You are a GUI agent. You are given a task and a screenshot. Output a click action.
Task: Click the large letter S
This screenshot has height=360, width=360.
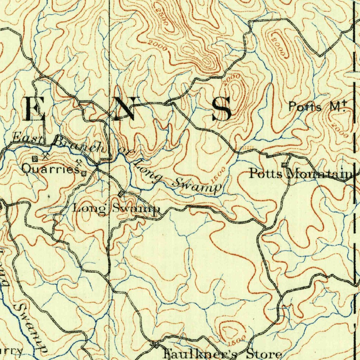(222, 109)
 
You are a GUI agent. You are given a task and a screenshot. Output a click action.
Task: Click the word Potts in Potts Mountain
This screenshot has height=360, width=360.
(265, 173)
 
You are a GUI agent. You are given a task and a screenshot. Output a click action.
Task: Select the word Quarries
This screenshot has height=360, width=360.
(50, 169)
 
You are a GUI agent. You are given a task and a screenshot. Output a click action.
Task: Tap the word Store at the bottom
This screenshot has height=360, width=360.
(264, 354)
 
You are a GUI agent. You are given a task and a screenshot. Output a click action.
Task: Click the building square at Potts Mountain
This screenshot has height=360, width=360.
(284, 165)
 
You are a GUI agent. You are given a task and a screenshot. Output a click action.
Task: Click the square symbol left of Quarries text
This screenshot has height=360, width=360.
(34, 159)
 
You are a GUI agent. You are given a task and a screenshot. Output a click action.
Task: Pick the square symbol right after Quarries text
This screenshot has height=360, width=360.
(84, 173)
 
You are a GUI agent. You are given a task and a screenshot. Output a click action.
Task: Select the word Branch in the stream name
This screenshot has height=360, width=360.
(78, 146)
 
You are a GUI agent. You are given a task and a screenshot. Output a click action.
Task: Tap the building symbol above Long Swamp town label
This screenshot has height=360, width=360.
(121, 194)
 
